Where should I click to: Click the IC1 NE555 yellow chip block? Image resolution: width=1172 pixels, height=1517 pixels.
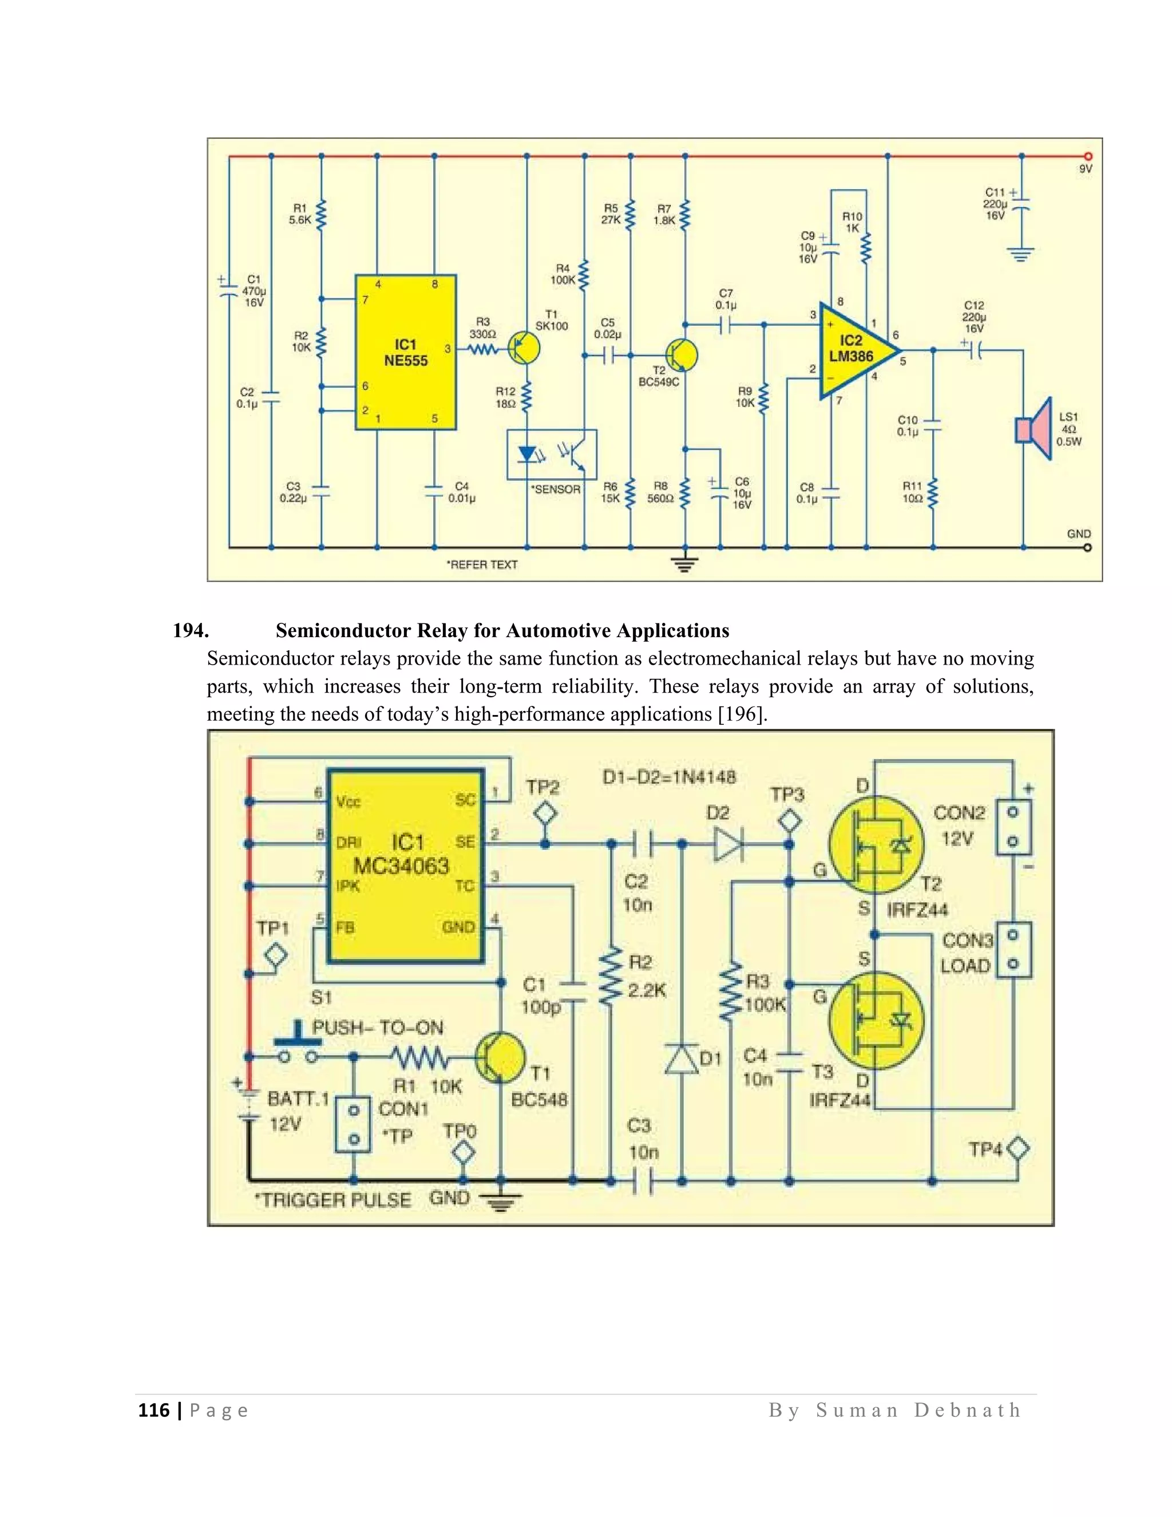(x=406, y=352)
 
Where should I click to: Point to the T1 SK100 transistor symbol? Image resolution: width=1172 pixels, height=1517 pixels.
(x=524, y=349)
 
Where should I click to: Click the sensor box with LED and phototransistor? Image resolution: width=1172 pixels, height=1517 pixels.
(x=551, y=455)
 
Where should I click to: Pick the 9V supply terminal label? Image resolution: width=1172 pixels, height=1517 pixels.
(x=1085, y=169)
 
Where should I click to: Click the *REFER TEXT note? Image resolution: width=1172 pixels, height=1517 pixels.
(x=482, y=564)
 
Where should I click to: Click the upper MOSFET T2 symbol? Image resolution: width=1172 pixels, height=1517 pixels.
(x=877, y=844)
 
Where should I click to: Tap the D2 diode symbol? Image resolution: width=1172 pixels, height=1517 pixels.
(x=728, y=844)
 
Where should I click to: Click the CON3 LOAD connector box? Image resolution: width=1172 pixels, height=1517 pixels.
(x=1013, y=950)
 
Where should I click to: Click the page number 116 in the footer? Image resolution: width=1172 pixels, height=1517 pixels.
(x=153, y=1410)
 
